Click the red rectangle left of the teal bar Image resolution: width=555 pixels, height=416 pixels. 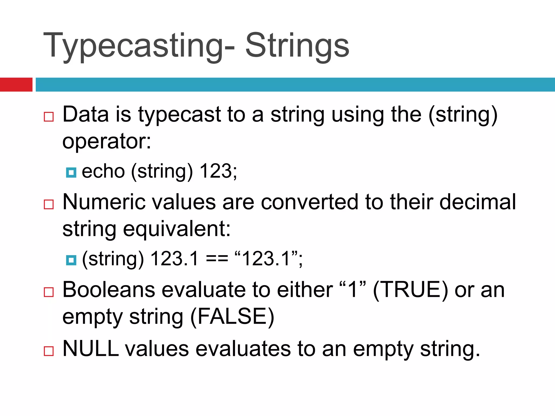(x=16, y=84)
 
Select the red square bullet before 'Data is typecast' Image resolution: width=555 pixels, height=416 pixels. (x=49, y=117)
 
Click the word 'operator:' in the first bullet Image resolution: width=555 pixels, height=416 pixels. (x=107, y=141)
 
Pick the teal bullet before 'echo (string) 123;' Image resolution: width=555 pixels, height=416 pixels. (x=71, y=172)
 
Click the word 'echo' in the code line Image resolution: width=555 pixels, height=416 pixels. (x=103, y=171)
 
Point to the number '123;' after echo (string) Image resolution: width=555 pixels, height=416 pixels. (x=218, y=171)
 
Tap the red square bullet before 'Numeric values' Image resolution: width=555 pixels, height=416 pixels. (x=49, y=204)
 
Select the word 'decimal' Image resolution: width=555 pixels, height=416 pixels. (x=478, y=202)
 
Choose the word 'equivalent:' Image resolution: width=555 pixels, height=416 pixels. (x=177, y=229)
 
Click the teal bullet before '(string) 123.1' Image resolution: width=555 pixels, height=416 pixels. (x=71, y=260)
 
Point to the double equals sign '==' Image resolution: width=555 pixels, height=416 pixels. (x=217, y=259)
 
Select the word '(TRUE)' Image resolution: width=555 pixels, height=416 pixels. (x=410, y=290)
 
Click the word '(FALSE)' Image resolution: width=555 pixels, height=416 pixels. (x=232, y=317)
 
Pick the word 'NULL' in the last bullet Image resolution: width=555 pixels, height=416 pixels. (x=91, y=349)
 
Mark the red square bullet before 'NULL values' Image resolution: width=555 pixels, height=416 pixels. (x=49, y=351)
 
